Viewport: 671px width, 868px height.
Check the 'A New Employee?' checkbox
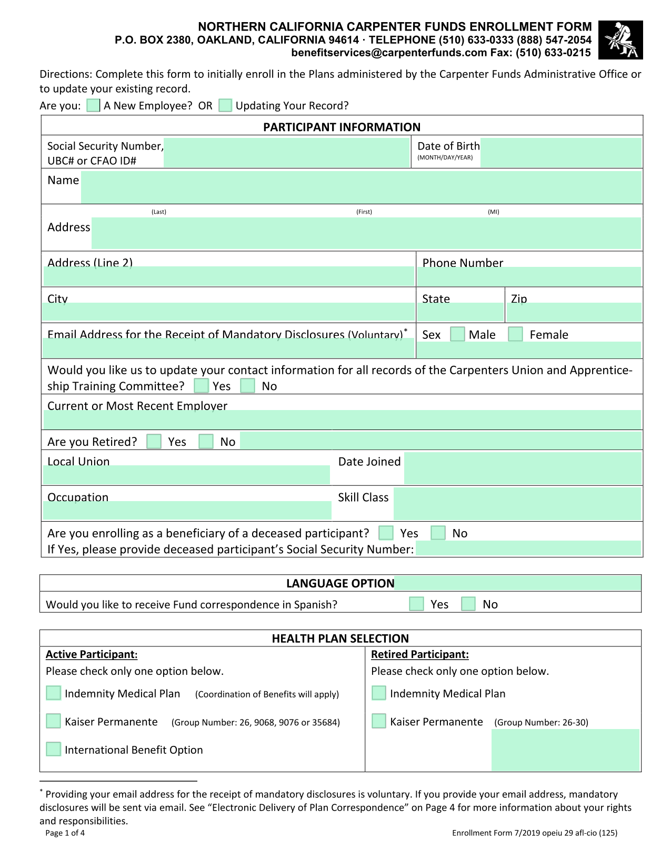pos(93,105)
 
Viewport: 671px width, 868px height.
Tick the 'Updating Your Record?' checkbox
pos(225,105)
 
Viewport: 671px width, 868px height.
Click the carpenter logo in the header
pos(620,40)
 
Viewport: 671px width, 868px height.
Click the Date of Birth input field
pos(561,153)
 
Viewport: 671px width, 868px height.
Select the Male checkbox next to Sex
pos(458,334)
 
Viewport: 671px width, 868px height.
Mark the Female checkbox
pos(516,334)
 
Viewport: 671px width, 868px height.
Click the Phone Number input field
pos(529,277)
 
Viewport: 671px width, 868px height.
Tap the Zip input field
pos(574,313)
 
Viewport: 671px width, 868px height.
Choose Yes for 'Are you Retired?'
pos(154,441)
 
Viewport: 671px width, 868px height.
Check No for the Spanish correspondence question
pos(468,604)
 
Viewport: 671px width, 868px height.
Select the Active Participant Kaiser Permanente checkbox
pos(54,721)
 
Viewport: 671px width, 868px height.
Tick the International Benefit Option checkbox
pos(54,749)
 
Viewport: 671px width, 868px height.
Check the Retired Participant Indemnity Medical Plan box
pos(379,693)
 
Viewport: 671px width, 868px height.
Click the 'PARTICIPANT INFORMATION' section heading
pos(342,127)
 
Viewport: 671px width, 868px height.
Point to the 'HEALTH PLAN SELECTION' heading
pos(340,638)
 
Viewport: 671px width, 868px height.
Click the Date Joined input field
pos(523,468)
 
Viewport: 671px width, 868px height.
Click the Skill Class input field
pos(517,504)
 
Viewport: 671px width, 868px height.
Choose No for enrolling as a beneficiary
pos(438,533)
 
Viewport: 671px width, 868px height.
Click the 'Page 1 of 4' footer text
pos(65,833)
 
